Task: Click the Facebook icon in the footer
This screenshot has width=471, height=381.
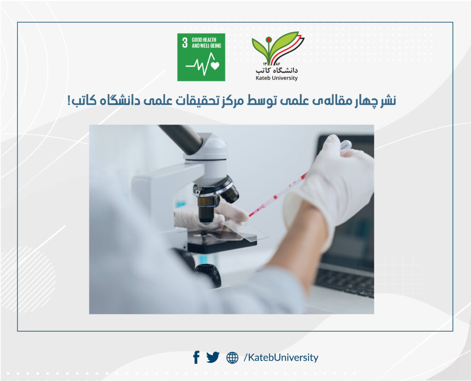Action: pyautogui.click(x=196, y=357)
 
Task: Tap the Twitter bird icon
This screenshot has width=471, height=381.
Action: pyautogui.click(x=213, y=357)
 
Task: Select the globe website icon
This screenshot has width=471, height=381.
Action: pyautogui.click(x=232, y=358)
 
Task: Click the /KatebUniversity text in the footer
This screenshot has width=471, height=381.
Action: pyautogui.click(x=281, y=358)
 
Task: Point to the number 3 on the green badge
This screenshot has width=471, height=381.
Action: pyautogui.click(x=185, y=43)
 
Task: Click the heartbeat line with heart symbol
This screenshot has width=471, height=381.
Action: pyautogui.click(x=203, y=64)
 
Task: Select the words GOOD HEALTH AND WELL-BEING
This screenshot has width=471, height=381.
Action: pyautogui.click(x=207, y=43)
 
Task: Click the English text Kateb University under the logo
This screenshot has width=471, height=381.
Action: pyautogui.click(x=276, y=78)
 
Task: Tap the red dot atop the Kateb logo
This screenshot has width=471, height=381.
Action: pyautogui.click(x=269, y=40)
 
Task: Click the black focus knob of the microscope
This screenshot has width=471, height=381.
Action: pyautogui.click(x=208, y=274)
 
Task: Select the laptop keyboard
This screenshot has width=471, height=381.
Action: pyautogui.click(x=345, y=280)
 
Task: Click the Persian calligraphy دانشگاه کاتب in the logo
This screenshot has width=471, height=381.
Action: pyautogui.click(x=276, y=70)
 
